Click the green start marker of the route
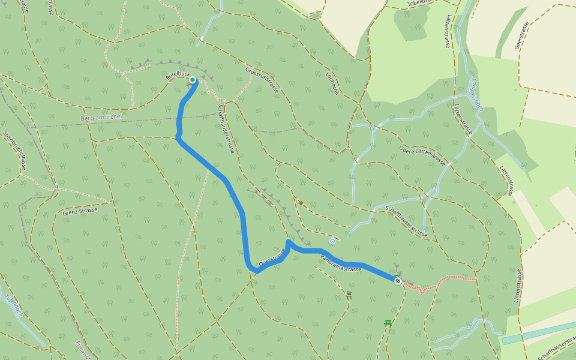(193, 80)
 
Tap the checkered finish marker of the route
(397, 280)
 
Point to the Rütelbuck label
(177, 76)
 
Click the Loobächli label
(332, 84)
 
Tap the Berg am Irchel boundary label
(101, 118)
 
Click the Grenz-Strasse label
(79, 211)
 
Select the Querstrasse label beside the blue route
(272, 258)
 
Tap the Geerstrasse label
(520, 36)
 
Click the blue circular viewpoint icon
(332, 241)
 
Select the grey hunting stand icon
(349, 295)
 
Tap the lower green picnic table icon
(388, 323)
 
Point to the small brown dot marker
(301, 203)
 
